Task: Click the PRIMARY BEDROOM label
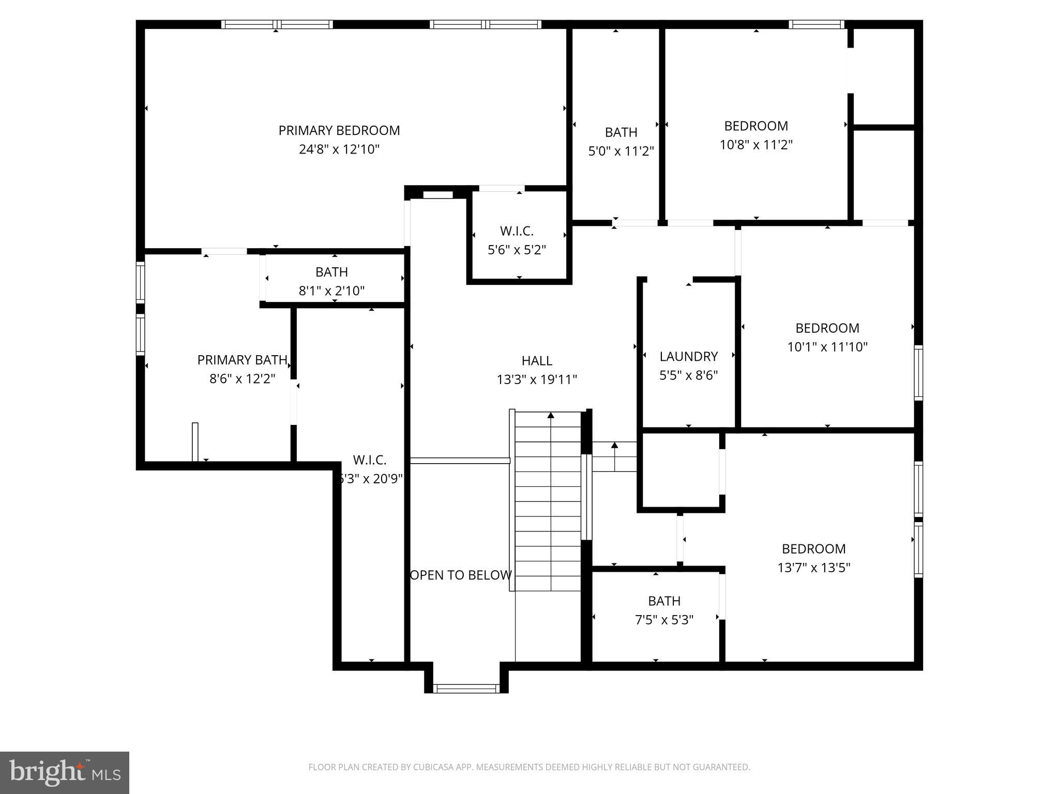click(x=339, y=131)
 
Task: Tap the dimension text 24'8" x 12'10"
click(x=339, y=149)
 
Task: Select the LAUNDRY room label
click(x=688, y=357)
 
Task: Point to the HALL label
click(x=537, y=361)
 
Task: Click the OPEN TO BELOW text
click(x=461, y=575)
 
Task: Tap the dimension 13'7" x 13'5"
click(x=813, y=568)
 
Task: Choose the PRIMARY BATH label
click(x=242, y=360)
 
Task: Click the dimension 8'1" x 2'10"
click(x=331, y=291)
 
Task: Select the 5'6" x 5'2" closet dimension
click(x=517, y=250)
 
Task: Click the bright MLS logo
click(x=65, y=772)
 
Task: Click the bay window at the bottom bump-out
click(x=466, y=688)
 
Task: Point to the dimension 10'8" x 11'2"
click(x=756, y=145)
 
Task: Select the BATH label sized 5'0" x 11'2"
click(x=621, y=132)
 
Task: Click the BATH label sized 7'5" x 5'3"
click(x=664, y=601)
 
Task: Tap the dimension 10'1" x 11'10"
click(x=827, y=347)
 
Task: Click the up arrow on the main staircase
click(x=551, y=415)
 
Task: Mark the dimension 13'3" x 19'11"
click(x=537, y=380)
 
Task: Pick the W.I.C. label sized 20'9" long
click(x=369, y=460)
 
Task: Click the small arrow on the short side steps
click(x=614, y=446)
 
